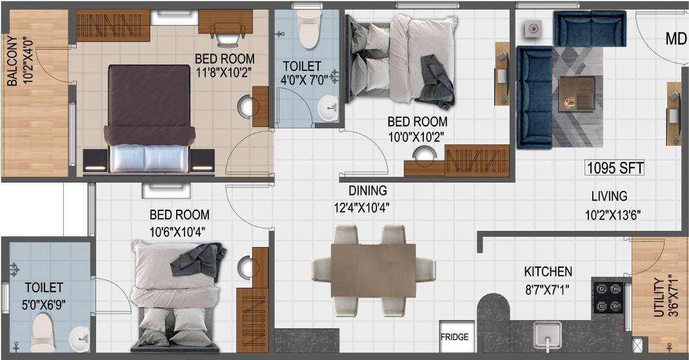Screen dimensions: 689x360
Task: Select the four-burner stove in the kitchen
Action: click(x=608, y=297)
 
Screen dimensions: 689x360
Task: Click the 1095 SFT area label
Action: click(x=615, y=168)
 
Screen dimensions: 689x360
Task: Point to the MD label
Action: click(x=676, y=39)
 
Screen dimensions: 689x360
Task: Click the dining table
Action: click(x=373, y=271)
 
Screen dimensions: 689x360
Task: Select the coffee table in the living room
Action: click(x=577, y=94)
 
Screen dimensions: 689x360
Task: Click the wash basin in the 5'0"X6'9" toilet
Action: click(x=79, y=339)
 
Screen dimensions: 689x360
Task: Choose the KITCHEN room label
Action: click(x=548, y=272)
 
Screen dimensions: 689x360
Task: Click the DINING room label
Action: click(x=368, y=191)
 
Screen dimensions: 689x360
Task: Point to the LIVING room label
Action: click(x=609, y=196)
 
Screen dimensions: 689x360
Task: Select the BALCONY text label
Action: click(x=12, y=61)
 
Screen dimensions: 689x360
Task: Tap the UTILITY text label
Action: click(x=659, y=297)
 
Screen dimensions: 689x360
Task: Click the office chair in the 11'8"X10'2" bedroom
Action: click(x=228, y=34)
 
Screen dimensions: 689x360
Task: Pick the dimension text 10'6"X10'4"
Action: click(x=177, y=232)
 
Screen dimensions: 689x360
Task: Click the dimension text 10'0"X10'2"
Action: click(x=415, y=137)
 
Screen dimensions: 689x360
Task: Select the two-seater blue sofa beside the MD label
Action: click(x=590, y=28)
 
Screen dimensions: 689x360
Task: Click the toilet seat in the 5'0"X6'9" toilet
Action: click(x=43, y=332)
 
